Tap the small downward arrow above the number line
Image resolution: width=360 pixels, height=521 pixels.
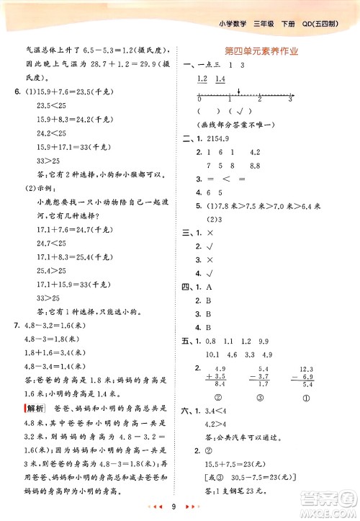coord(238,91)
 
